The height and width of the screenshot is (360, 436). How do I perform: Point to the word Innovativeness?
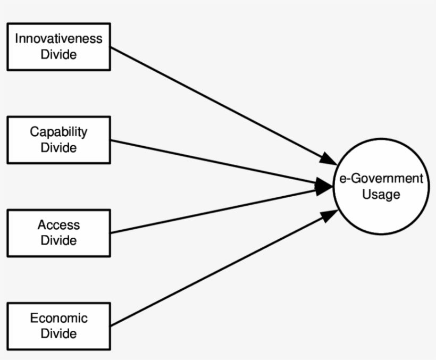pos(58,39)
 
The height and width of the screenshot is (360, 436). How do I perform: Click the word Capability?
pos(58,132)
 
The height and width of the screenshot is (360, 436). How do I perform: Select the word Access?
pos(58,225)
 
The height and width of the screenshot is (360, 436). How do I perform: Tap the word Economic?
pos(58,319)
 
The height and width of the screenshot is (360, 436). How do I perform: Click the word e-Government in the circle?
pos(381,179)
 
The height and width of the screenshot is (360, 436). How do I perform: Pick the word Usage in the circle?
pos(381,195)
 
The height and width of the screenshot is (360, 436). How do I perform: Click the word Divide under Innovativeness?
pos(58,55)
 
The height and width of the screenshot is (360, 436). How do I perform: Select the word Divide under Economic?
pos(58,334)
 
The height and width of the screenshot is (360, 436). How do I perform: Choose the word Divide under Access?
pos(58,241)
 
